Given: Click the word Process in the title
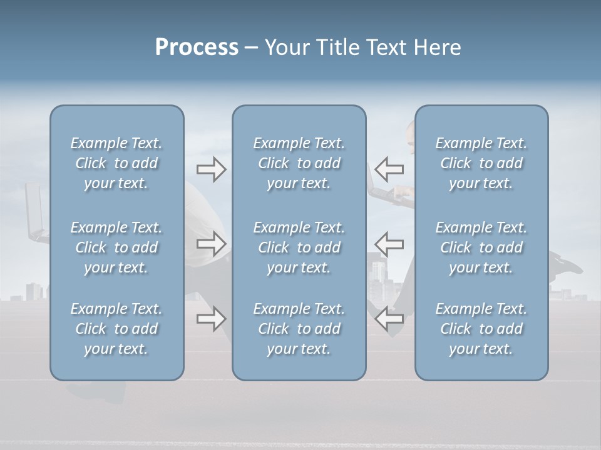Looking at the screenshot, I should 197,47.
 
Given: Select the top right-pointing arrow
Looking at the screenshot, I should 211,169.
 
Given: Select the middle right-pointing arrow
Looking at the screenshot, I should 211,244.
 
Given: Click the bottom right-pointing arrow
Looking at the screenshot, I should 211,319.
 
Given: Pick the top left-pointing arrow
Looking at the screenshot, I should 389,169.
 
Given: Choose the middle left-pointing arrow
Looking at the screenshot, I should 389,244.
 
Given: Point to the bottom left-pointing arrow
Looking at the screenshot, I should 389,319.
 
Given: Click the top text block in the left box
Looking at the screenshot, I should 116,163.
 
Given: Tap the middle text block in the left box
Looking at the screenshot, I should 116,247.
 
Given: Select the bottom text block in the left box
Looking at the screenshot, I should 116,329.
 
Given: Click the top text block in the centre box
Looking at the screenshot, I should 299,163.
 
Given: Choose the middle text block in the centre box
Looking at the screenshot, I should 299,247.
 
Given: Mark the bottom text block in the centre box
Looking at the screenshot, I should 299,329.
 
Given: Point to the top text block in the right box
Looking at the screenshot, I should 481,163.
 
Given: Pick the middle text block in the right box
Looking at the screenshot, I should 481,247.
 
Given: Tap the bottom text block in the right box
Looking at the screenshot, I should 481,329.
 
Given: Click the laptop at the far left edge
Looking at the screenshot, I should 35,212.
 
